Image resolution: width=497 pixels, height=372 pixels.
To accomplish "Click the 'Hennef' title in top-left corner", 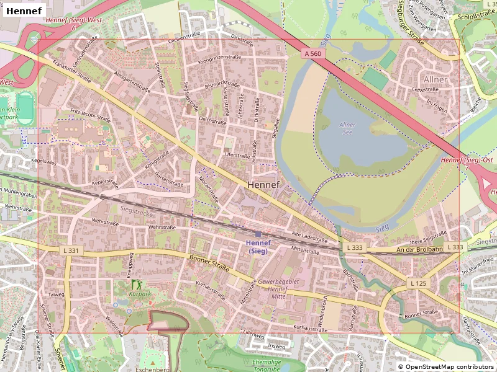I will point(24,11).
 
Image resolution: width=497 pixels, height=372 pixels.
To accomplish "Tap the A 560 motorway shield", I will point(313,54).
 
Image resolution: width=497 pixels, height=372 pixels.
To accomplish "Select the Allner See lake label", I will point(347,128).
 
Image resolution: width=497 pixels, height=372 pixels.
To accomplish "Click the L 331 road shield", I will point(71,250).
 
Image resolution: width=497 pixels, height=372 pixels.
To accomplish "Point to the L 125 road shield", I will point(418,283).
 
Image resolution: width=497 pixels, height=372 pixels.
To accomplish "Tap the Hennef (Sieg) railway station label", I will point(258,246).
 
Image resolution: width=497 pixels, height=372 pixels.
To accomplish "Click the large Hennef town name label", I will point(263,185).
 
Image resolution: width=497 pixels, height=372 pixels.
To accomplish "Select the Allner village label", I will point(435,79).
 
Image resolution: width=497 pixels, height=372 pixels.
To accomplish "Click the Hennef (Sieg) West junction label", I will point(74,20).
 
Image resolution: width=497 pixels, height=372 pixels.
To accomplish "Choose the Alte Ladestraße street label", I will point(309,237).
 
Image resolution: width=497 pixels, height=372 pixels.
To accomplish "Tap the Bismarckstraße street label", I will point(222,84).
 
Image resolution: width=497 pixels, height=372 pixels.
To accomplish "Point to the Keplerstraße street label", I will point(104,184).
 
